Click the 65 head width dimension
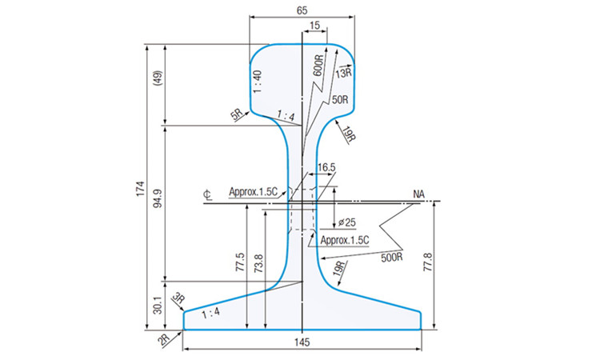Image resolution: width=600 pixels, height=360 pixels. click(302, 10)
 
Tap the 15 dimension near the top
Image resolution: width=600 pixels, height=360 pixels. click(314, 26)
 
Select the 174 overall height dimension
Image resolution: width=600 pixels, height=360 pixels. click(141, 189)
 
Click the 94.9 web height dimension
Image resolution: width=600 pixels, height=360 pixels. click(158, 198)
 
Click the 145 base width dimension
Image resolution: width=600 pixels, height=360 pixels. click(302, 342)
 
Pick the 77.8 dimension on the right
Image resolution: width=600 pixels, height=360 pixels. click(428, 262)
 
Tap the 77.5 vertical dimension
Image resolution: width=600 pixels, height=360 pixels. click(240, 262)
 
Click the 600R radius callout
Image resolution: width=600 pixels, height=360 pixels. click(318, 66)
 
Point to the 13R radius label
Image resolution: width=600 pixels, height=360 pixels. click(344, 72)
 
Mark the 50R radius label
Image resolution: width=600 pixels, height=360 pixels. click(340, 99)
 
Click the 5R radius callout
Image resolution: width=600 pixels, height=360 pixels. click(237, 114)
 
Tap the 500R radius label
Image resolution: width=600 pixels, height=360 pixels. click(391, 257)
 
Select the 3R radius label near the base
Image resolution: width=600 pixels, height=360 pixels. click(178, 298)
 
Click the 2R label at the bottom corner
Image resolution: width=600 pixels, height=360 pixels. click(164, 339)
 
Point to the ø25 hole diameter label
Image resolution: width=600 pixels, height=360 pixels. click(347, 222)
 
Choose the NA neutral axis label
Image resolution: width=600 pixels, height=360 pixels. click(418, 194)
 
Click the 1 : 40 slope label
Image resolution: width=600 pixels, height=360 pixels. click(258, 82)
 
